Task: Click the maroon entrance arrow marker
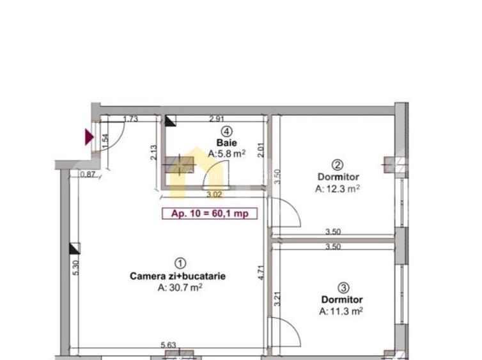(89, 136)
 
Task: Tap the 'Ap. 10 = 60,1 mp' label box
(210, 214)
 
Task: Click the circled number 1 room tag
(180, 263)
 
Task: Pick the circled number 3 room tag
(342, 287)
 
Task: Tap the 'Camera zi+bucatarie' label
(178, 276)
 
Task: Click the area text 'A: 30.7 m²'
(180, 288)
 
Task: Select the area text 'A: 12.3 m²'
(338, 189)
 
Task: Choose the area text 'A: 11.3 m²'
(341, 311)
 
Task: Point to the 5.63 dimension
(169, 345)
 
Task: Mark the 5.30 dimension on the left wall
(75, 268)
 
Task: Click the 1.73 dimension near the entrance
(130, 118)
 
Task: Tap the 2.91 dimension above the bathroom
(217, 118)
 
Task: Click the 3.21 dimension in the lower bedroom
(277, 299)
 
